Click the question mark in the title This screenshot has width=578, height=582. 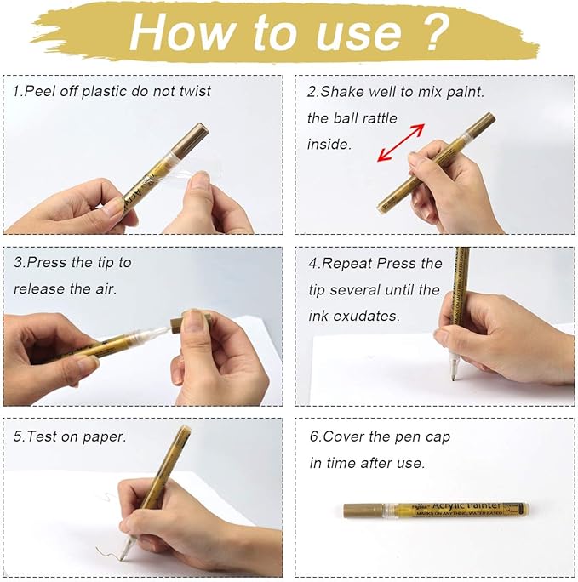pos(433,31)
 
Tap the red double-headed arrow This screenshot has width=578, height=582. pos(401,142)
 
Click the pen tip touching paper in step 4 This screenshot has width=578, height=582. pos(454,374)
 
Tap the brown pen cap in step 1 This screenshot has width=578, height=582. pos(193,136)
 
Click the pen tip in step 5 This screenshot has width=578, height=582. pos(124,553)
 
